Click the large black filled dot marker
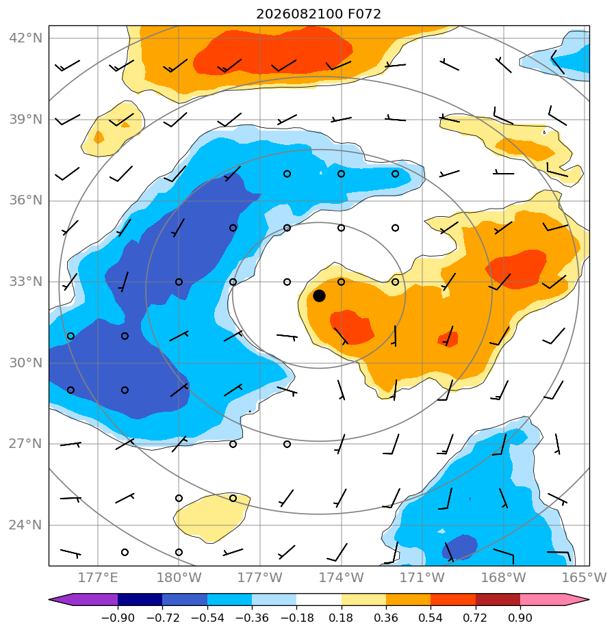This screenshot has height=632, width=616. pyautogui.click(x=319, y=296)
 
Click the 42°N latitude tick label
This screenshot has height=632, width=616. pyautogui.click(x=25, y=38)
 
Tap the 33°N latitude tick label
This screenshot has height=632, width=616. pyautogui.click(x=25, y=282)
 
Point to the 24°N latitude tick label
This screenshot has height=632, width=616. pyautogui.click(x=25, y=525)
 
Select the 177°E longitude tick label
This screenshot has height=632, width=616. pyautogui.click(x=98, y=577)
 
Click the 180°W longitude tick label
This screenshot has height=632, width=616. pyautogui.click(x=179, y=577)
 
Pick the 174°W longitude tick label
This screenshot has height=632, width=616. pyautogui.click(x=342, y=577)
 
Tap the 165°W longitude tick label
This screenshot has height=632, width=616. pyautogui.click(x=585, y=577)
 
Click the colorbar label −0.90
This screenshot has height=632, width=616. pyautogui.click(x=118, y=618)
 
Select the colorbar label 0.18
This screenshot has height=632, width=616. pyautogui.click(x=342, y=618)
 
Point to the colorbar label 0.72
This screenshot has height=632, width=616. pyautogui.click(x=476, y=618)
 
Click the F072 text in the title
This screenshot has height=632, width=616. pyautogui.click(x=364, y=14)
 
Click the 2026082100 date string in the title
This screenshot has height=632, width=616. pyautogui.click(x=300, y=14)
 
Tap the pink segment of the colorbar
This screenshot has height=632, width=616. pyautogui.click(x=543, y=600)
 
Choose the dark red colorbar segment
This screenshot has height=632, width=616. pyautogui.click(x=498, y=600)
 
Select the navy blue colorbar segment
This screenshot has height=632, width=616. pyautogui.click(x=140, y=600)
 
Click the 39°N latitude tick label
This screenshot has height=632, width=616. pyautogui.click(x=25, y=120)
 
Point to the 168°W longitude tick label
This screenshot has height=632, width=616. pyautogui.click(x=504, y=577)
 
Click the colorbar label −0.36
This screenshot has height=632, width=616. pyautogui.click(x=252, y=618)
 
